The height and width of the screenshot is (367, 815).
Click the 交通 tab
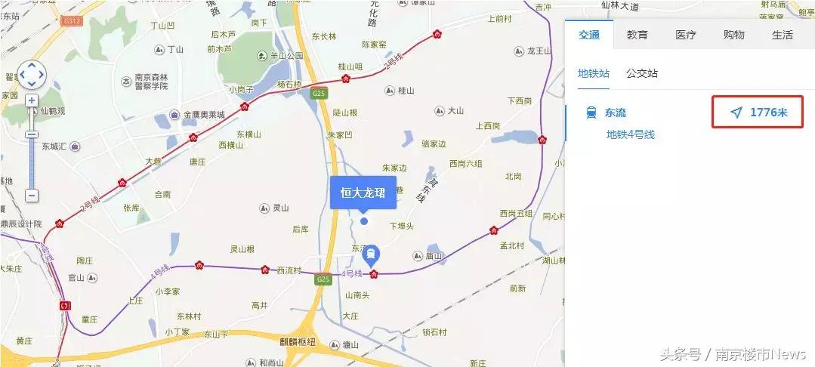tap(589, 35)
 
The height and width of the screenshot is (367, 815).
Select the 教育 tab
tap(637, 35)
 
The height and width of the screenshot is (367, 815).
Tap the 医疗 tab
tap(686, 35)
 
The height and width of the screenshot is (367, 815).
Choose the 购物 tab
tap(734, 35)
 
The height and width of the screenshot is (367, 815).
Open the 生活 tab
tap(783, 35)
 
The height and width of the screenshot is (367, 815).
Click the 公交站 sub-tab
tap(642, 73)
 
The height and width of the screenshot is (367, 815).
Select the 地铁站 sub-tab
tap(593, 73)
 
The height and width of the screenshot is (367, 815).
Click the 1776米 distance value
tap(768, 113)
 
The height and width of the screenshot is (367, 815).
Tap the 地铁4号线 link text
tap(631, 134)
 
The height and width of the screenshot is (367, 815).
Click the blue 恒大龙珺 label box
tap(363, 193)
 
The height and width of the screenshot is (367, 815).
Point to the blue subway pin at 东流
tap(373, 254)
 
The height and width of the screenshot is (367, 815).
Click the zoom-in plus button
tap(32, 100)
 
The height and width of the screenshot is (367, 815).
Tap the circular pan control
tap(32, 74)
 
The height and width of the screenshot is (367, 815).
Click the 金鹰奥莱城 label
tap(201, 115)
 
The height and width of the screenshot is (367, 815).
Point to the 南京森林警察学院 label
tap(150, 82)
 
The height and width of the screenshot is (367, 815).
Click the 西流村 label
tap(289, 270)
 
